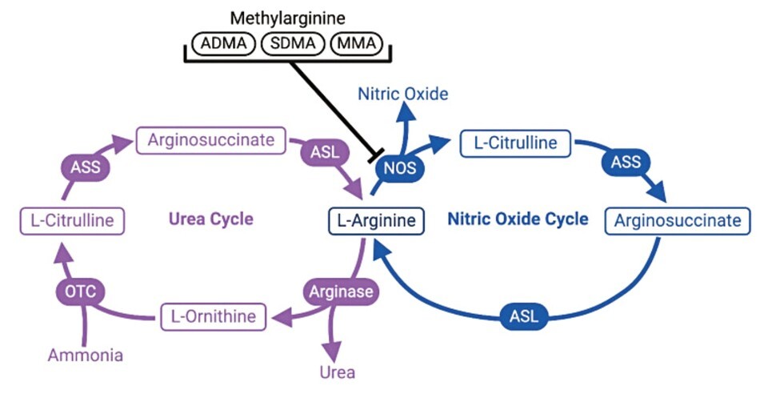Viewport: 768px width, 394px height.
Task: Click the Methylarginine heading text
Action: [x=287, y=17]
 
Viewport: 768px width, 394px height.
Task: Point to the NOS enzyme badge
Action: [x=398, y=169]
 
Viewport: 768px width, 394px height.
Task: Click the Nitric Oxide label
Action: [x=402, y=94]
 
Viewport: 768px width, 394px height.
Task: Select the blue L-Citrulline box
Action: [x=515, y=144]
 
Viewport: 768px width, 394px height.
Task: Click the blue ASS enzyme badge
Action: [x=626, y=162]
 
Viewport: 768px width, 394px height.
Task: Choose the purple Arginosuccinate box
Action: [x=210, y=141]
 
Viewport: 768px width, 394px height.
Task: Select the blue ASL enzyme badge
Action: [x=524, y=316]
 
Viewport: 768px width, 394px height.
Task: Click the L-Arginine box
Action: [x=374, y=220]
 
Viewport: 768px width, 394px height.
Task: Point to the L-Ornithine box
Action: [x=213, y=316]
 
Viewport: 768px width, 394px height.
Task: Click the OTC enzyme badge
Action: [x=81, y=291]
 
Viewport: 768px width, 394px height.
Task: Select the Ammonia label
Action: [x=86, y=355]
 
